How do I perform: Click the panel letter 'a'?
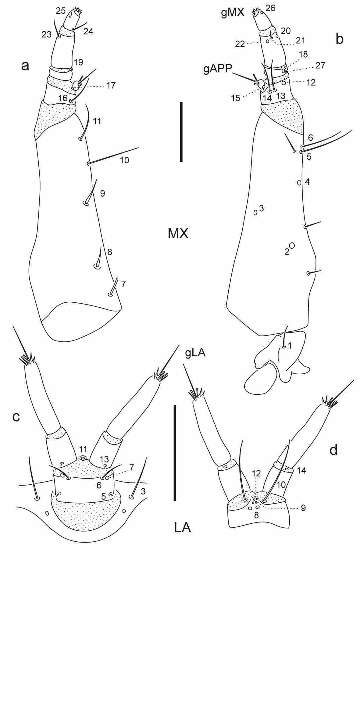click(x=25, y=66)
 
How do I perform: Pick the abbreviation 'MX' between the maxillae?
click(x=178, y=234)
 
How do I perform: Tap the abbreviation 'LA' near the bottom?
click(x=183, y=527)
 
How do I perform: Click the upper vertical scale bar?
click(x=181, y=132)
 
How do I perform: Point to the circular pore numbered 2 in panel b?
click(x=292, y=245)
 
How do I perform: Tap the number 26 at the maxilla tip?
click(x=270, y=8)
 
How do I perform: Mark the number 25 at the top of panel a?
click(x=61, y=11)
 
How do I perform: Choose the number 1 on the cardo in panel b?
click(x=290, y=346)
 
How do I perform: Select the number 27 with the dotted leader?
click(x=320, y=65)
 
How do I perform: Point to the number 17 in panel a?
click(x=111, y=85)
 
